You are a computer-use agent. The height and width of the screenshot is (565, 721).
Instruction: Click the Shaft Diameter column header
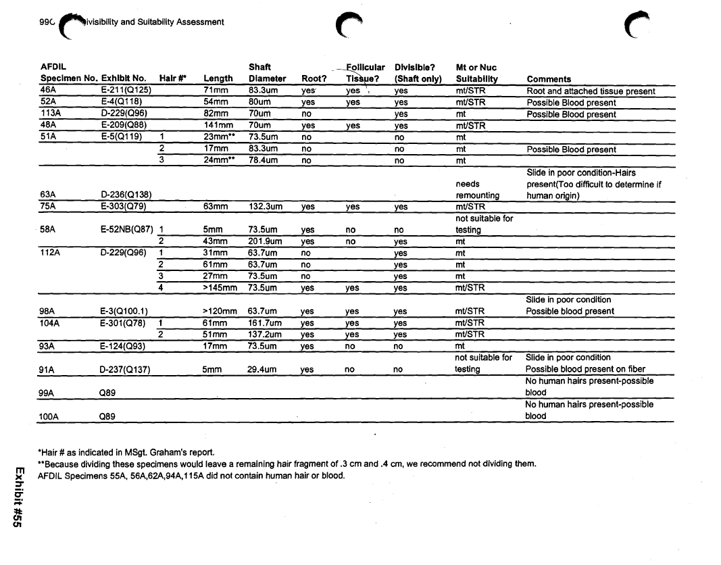tap(263, 73)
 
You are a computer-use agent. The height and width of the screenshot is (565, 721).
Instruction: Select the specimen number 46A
tap(47, 90)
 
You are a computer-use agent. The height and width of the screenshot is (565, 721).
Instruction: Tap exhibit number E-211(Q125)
tap(126, 91)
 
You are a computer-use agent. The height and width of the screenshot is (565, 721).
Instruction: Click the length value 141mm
tap(217, 126)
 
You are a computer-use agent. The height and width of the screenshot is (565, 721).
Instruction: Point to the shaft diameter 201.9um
tap(263, 241)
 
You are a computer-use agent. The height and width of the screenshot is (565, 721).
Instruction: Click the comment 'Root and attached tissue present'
tap(591, 91)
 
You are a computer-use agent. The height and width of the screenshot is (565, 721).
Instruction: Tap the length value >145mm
tap(220, 288)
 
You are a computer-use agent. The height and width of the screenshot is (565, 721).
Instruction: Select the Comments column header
tap(549, 79)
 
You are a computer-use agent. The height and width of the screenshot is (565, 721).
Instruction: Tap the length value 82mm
tap(216, 114)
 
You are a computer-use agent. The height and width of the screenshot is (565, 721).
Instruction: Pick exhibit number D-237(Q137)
tap(124, 370)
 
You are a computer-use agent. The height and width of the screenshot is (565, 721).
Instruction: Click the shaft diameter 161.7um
tap(263, 323)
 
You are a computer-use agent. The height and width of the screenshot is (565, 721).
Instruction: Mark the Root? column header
tap(314, 79)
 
